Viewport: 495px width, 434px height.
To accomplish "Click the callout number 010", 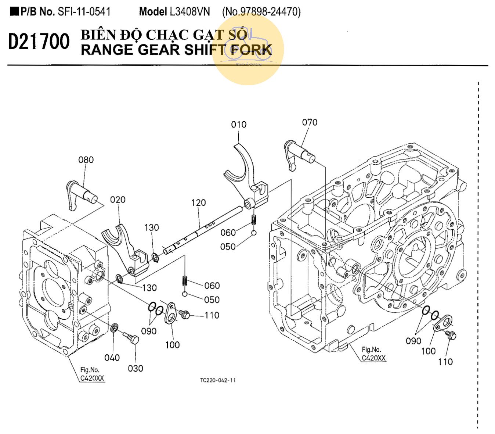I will (239, 125).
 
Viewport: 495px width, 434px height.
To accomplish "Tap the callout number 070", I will (310, 122).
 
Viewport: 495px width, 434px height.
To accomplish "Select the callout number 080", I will (86, 160).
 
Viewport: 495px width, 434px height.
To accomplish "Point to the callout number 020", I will (118, 200).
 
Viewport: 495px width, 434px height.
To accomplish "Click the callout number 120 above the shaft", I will (198, 202).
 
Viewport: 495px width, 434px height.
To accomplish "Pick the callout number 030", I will (136, 368).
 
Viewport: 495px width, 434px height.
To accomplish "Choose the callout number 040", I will (112, 358).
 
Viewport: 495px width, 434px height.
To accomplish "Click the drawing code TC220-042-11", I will (218, 380).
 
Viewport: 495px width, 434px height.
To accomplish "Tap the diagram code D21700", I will (39, 41).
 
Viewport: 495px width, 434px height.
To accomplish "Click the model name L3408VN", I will (190, 12).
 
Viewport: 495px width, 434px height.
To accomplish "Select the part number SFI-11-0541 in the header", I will (84, 12).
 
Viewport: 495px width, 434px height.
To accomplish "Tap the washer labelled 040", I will (115, 327).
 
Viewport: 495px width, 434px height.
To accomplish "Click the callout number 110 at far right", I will (445, 362).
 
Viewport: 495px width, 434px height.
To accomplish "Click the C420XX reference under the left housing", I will (93, 378).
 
